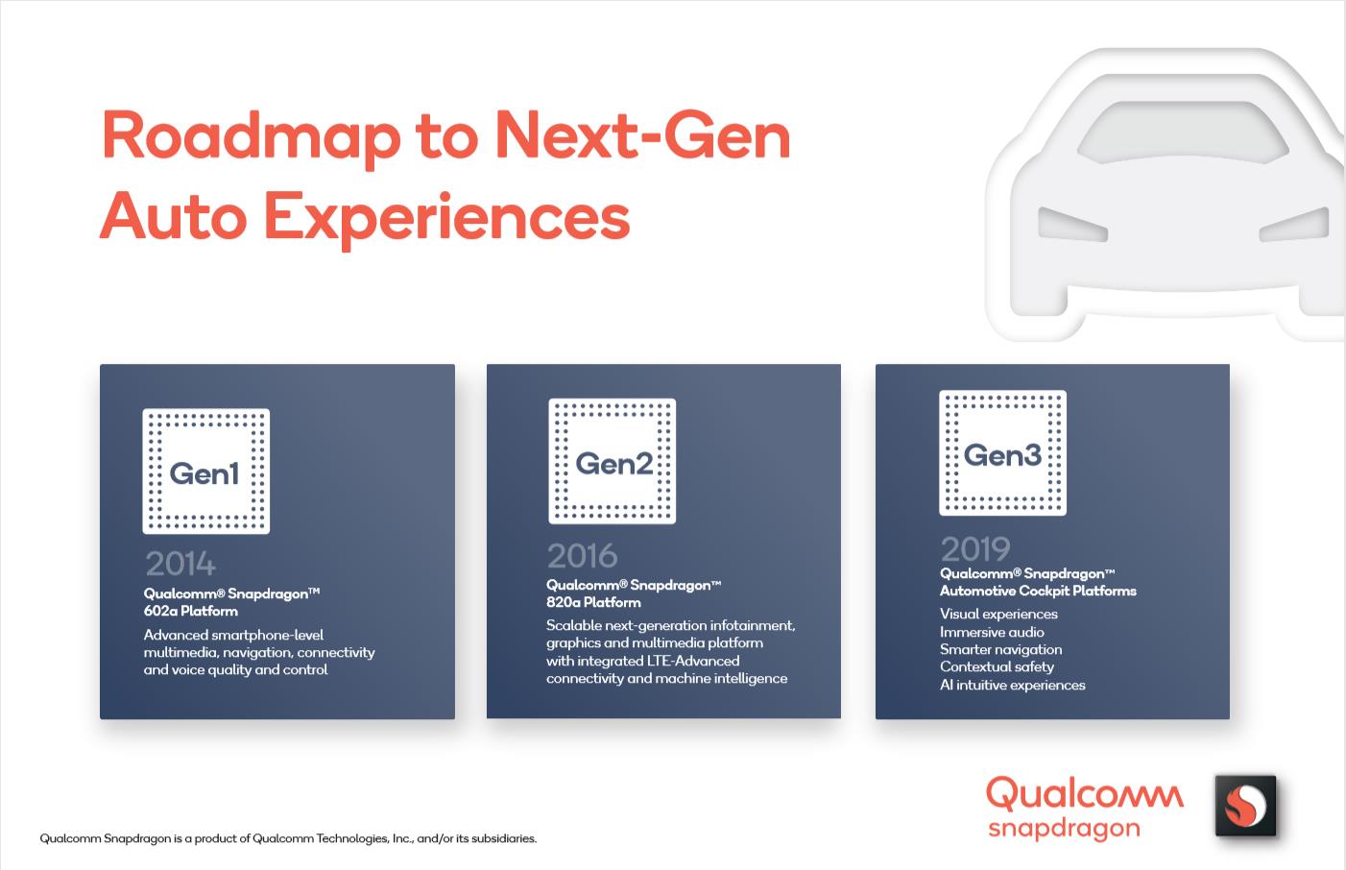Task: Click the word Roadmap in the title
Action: point(252,138)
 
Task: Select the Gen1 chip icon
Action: point(206,471)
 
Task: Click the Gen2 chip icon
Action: point(613,461)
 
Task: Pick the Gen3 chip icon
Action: point(1003,452)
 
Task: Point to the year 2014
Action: point(180,564)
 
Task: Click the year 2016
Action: point(582,555)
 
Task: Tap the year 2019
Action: point(975,548)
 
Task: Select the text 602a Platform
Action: point(190,611)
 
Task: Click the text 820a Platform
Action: point(593,602)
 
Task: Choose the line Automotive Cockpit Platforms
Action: point(1039,592)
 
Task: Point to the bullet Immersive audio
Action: point(992,632)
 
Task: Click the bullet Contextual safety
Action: point(997,667)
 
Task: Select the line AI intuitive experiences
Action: point(1013,685)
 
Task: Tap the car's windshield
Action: point(1183,133)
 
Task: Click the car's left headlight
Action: point(1072,224)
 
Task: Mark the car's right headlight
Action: point(1294,224)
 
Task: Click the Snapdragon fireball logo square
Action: point(1245,805)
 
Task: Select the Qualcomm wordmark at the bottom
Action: point(1085,794)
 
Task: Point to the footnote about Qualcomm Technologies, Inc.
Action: point(288,838)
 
